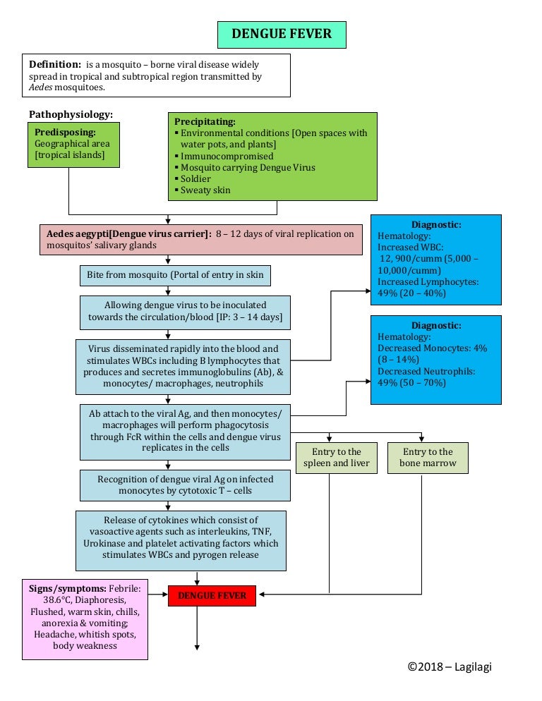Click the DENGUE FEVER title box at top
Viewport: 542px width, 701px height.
pos(282,34)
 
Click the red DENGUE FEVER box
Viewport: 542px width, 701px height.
pos(212,596)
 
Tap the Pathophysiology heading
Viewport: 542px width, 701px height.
pos(71,114)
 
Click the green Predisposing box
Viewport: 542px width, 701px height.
pos(73,145)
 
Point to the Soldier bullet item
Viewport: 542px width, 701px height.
pos(196,179)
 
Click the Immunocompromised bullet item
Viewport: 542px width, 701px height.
pos(227,156)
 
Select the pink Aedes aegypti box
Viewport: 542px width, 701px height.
pos(201,240)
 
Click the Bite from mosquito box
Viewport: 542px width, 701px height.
pos(175,275)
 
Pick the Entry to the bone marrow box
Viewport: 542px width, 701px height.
pos(428,458)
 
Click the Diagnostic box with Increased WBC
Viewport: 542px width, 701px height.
pos(435,260)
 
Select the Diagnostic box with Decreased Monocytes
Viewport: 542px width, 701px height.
pos(435,360)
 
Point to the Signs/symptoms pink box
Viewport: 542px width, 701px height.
pos(85,618)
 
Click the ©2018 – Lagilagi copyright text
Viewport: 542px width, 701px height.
pos(454,666)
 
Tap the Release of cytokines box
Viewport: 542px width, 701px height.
pos(181,540)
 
